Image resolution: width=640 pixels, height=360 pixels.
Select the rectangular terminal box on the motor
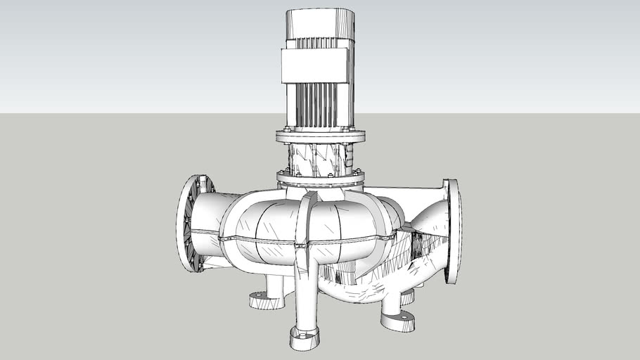(316, 67)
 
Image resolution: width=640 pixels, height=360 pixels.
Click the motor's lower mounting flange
(320, 134)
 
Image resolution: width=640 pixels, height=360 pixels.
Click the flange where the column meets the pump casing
(320, 181)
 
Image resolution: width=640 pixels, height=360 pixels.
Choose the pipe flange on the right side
(452, 231)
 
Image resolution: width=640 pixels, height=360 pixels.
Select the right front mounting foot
(397, 321)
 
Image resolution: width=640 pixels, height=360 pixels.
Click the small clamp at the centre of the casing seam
(302, 245)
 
